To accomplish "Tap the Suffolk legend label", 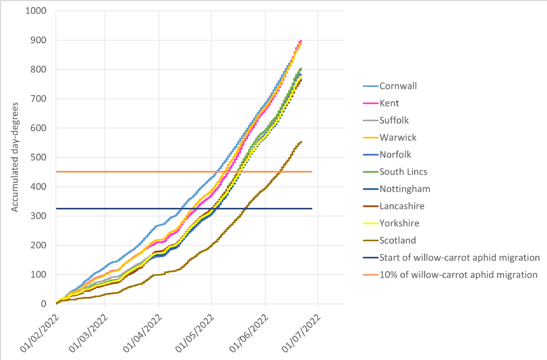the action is pos(394,120).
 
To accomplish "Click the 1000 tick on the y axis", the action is pos(36,11).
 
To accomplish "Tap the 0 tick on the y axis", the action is pos(44,304).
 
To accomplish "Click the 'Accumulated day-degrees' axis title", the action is pos(15,157).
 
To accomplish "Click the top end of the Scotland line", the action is pos(301,141).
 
